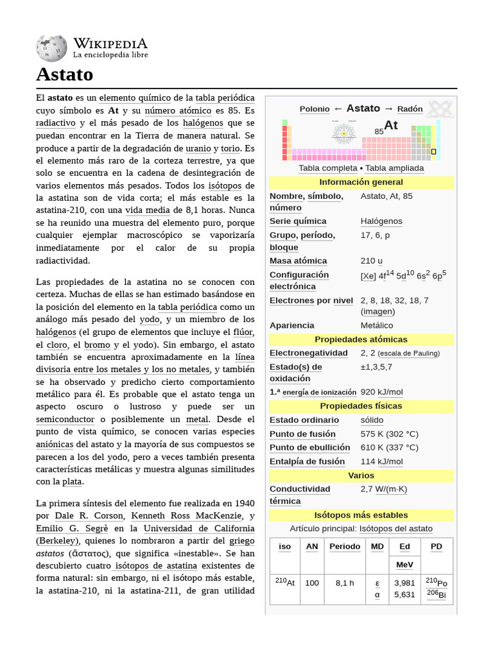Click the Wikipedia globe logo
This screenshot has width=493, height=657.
[x=51, y=49]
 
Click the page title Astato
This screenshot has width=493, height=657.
[x=64, y=74]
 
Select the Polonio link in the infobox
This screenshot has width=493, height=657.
[x=315, y=109]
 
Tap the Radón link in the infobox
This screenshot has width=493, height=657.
[x=410, y=109]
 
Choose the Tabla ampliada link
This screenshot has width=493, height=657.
[x=394, y=168]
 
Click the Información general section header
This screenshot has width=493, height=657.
[x=361, y=182]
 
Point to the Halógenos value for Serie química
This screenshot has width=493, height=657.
[x=381, y=221]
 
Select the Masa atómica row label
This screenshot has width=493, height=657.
[x=298, y=261]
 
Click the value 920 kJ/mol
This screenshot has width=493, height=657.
[x=381, y=392]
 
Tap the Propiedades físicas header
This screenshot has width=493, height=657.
[x=361, y=406]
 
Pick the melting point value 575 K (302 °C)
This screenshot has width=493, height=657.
[x=389, y=434]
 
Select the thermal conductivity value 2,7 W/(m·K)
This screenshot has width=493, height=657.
[x=383, y=489]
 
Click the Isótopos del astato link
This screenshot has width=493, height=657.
[x=395, y=529]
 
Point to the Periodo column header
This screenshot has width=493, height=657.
[x=345, y=547]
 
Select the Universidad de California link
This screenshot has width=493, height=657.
[x=198, y=529]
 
